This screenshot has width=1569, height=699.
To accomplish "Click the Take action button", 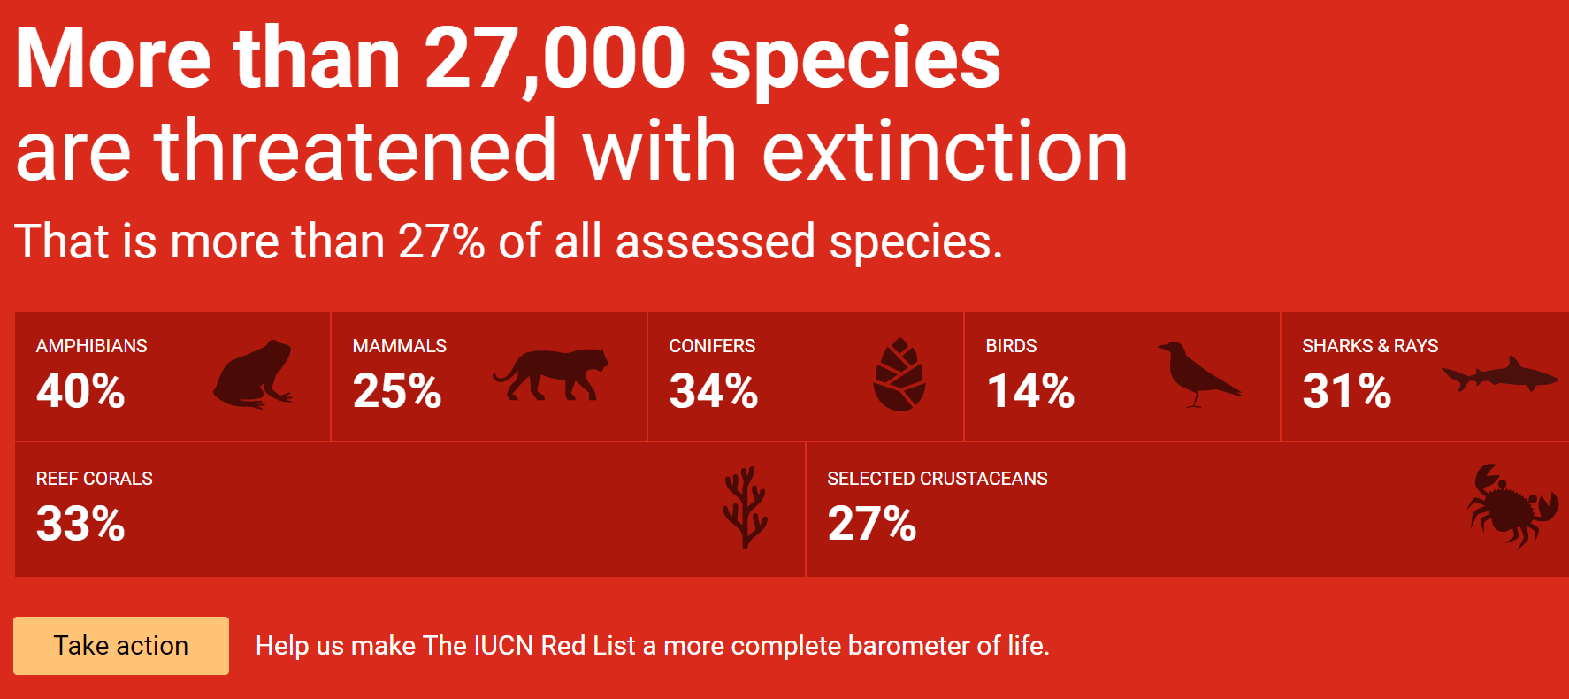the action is (121, 646).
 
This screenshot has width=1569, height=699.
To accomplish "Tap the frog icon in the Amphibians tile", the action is (253, 374).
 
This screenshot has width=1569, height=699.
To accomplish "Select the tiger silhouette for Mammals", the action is (550, 373).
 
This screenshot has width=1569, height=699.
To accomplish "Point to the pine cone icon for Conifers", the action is (899, 374).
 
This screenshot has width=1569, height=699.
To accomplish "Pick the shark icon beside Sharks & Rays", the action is (1500, 374).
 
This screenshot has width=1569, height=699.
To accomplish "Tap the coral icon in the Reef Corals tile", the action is (745, 507).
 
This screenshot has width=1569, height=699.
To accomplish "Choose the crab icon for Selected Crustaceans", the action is (1513, 506).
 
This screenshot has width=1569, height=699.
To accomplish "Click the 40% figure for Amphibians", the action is (80, 391).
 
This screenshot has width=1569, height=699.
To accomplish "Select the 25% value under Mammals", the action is (397, 391).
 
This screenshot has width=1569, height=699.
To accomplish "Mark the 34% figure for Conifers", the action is (714, 391).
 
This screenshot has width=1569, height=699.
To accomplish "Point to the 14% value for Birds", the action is (1030, 391).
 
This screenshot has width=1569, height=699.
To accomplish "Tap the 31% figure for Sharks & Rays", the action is (1347, 391).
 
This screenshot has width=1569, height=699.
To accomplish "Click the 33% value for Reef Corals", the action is (80, 524).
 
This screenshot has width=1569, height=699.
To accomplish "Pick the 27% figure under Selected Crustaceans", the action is (872, 524).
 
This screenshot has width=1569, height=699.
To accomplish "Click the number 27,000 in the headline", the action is (555, 60).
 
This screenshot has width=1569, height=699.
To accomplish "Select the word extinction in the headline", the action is (945, 151).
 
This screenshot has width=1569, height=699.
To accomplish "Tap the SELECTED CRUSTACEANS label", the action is (938, 479).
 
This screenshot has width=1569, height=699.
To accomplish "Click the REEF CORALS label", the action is (95, 479).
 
